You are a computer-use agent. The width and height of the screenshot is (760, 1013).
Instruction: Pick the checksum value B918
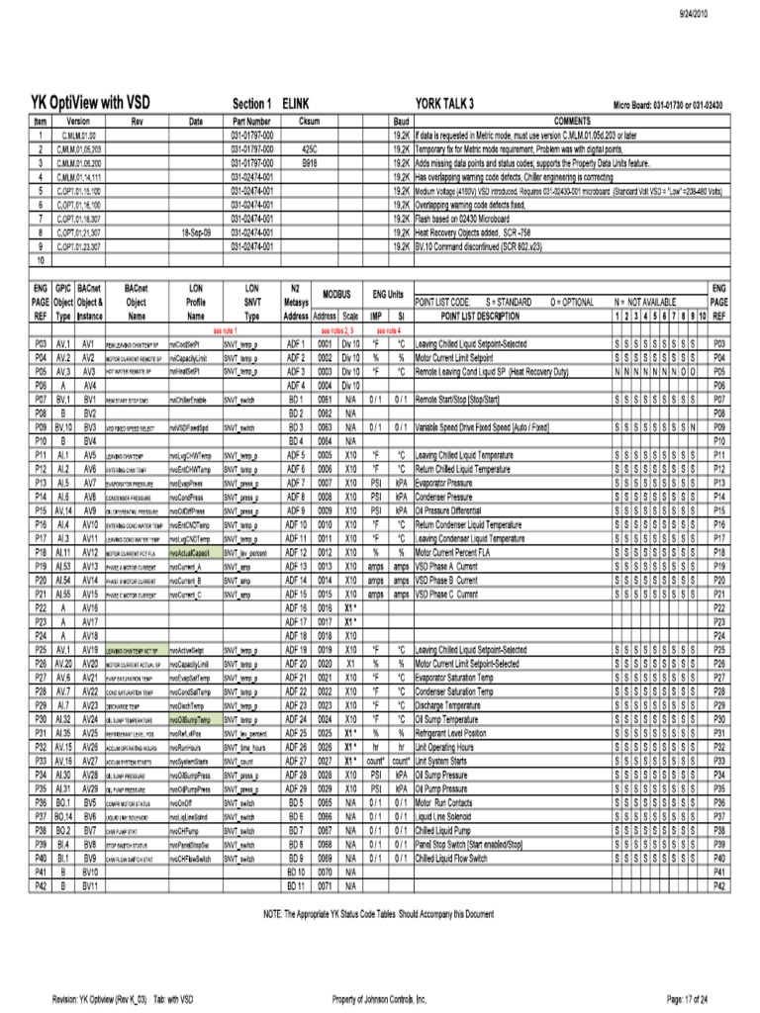309,160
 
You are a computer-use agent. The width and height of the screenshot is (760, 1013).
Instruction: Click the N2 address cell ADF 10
295,524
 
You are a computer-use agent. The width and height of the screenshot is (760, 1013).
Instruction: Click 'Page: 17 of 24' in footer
695,999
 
